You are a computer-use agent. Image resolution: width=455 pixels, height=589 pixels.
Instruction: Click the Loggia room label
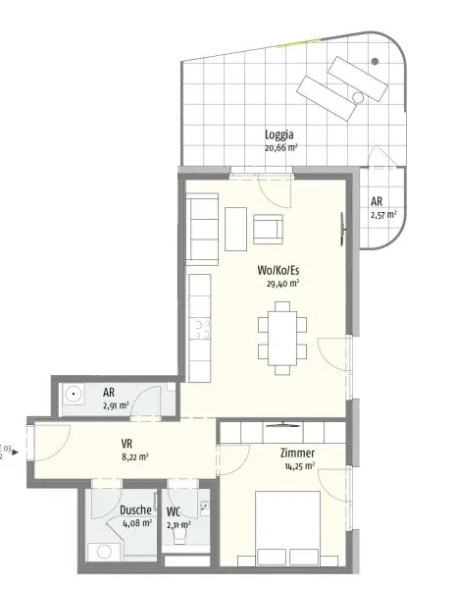pyautogui.click(x=279, y=135)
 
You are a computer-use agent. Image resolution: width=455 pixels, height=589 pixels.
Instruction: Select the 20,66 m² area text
pyautogui.click(x=280, y=148)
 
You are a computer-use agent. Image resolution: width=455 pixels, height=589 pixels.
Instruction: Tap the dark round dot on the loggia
pyautogui.click(x=375, y=62)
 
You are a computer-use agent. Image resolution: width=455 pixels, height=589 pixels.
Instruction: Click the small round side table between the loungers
pyautogui.click(x=358, y=96)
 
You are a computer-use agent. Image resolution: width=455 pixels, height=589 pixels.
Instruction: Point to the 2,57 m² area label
pyautogui.click(x=382, y=214)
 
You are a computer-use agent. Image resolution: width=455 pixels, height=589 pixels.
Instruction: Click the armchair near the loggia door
pyautogui.click(x=268, y=229)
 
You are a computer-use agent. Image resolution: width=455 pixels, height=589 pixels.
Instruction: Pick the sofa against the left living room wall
pyautogui.click(x=203, y=230)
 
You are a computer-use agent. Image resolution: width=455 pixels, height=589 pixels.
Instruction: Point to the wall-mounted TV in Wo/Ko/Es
pyautogui.click(x=342, y=226)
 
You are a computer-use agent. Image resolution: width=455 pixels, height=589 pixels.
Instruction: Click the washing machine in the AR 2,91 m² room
pyautogui.click(x=73, y=397)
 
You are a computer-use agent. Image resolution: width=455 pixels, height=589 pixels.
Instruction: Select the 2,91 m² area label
pyautogui.click(x=116, y=403)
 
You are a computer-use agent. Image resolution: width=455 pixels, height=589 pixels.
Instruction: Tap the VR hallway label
pyautogui.click(x=126, y=443)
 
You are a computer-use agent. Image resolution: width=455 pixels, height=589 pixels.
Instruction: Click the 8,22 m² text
pyautogui.click(x=133, y=456)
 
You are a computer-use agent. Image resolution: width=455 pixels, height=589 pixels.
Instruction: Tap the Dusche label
pyautogui.click(x=135, y=510)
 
